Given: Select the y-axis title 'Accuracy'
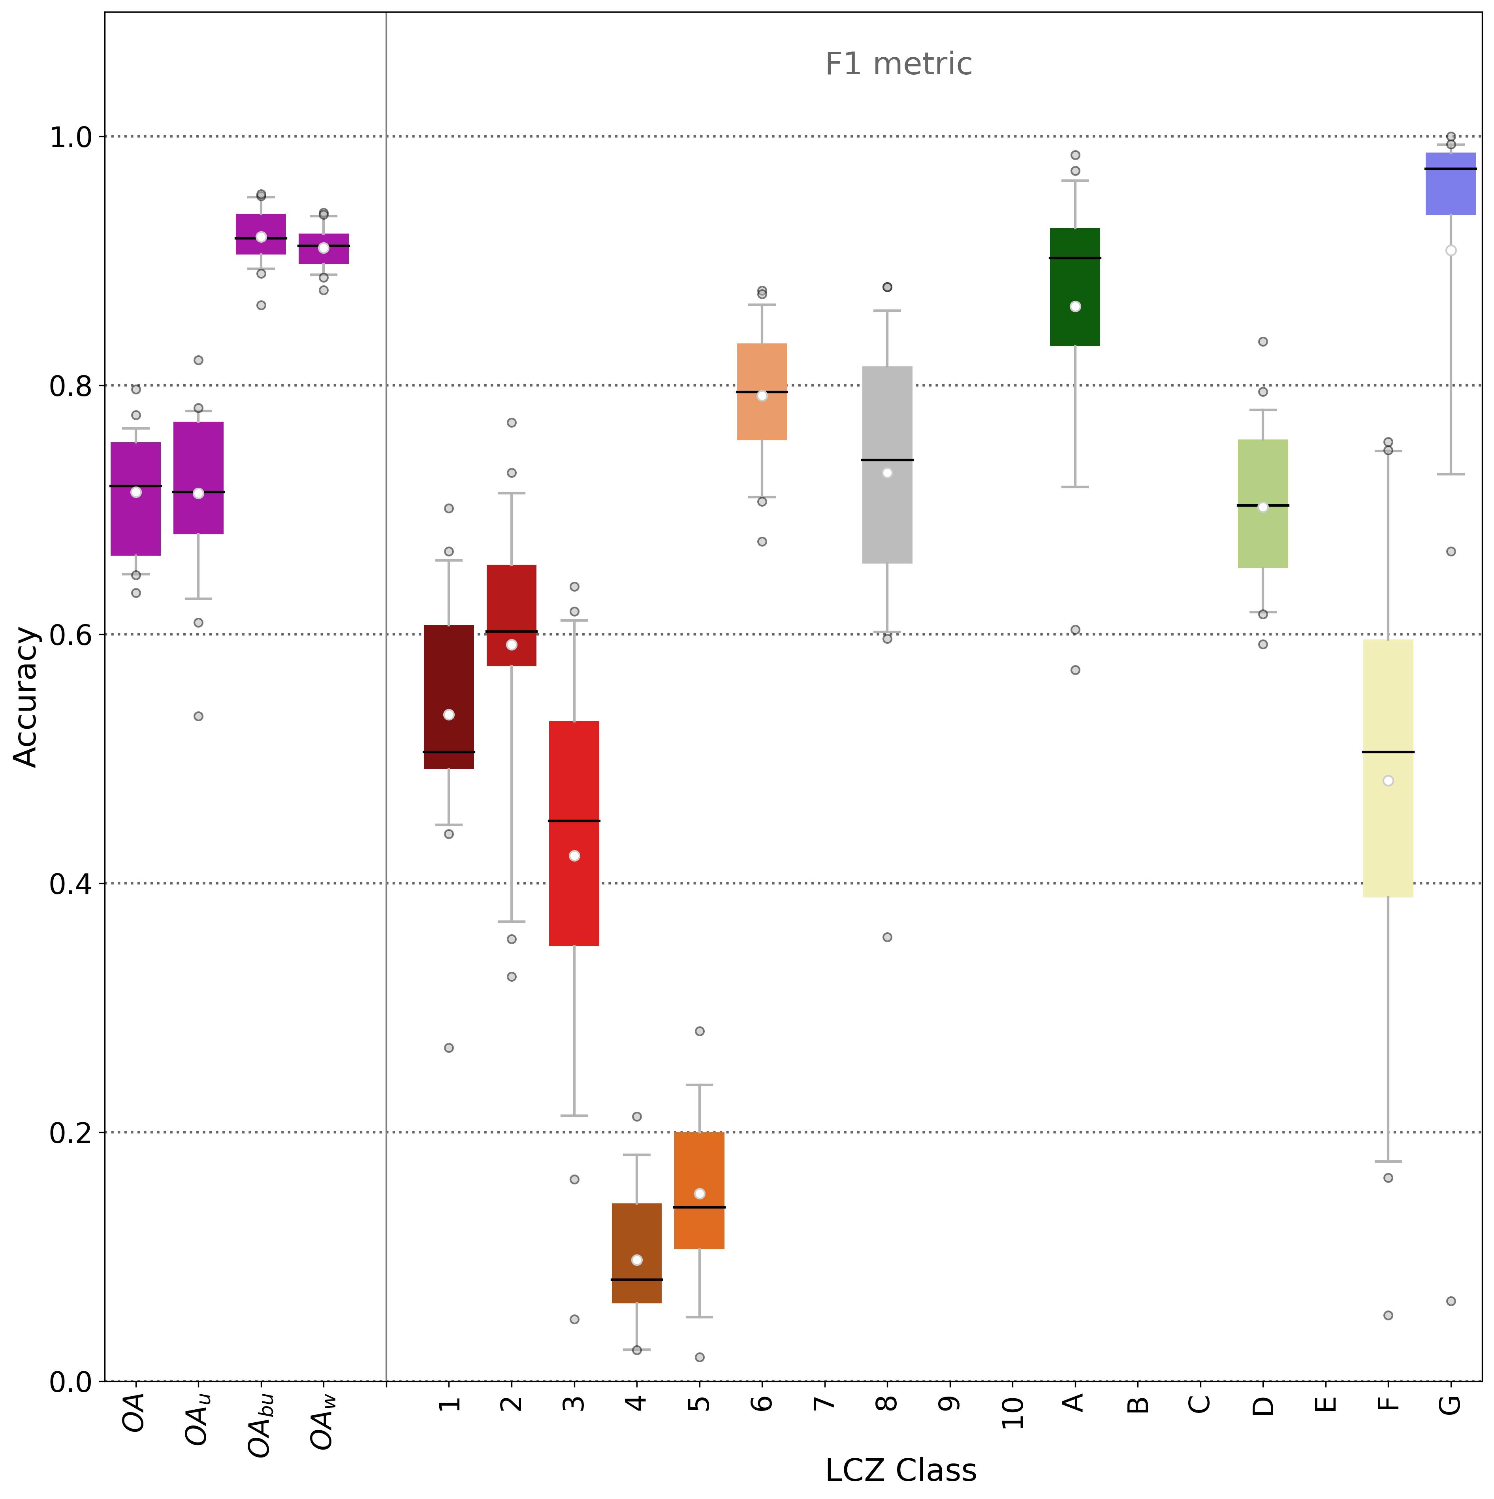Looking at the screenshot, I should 26,697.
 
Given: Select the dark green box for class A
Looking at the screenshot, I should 1074,287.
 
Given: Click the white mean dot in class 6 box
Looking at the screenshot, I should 762,396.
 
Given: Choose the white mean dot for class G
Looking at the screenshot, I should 1451,251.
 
